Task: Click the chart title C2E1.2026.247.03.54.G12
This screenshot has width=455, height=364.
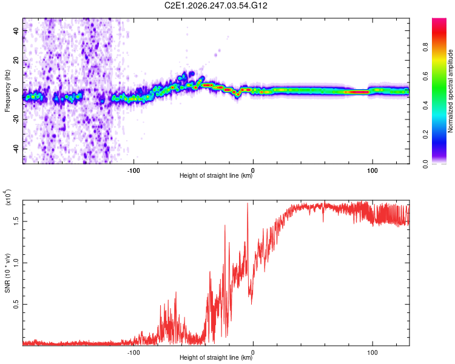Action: click(215, 5)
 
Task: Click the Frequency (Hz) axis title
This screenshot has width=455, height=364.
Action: click(7, 91)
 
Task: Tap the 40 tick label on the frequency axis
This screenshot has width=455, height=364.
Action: click(16, 30)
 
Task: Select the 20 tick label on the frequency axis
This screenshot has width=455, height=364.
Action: click(16, 60)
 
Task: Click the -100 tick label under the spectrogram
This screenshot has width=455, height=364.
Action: click(133, 170)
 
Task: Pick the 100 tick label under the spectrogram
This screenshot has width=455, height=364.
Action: click(372, 170)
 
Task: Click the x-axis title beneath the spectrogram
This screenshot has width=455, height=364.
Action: click(216, 175)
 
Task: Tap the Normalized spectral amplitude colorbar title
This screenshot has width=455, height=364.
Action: click(450, 91)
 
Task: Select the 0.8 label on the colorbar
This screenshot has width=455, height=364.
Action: click(425, 47)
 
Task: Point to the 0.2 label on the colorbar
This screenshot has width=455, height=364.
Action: click(425, 135)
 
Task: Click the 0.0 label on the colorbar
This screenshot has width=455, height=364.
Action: click(425, 164)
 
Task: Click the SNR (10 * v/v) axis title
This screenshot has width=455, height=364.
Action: click(7, 273)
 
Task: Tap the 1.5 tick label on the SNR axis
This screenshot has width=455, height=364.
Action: click(16, 221)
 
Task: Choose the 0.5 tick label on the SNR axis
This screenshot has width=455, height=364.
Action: click(16, 304)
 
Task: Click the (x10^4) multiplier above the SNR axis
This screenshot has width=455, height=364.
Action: click(8, 197)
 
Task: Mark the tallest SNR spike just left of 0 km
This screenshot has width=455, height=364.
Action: click(248, 203)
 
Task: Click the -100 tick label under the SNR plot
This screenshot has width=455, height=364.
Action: click(133, 352)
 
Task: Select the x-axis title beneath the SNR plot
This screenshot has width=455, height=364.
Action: click(216, 357)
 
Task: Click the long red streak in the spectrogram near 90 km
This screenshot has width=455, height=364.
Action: click(357, 92)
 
